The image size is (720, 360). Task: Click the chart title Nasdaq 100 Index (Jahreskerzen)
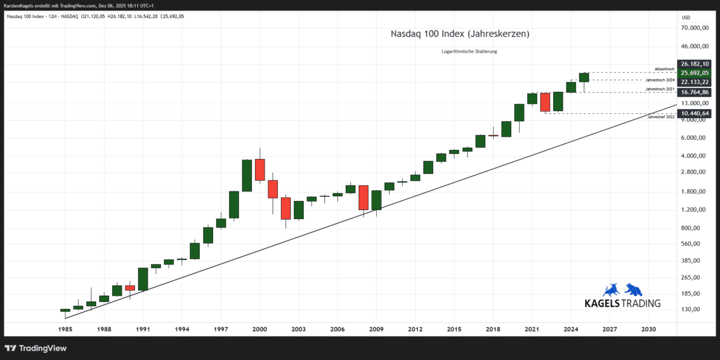pyautogui.click(x=460, y=34)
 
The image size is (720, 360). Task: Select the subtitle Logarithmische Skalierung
pyautogui.click(x=469, y=52)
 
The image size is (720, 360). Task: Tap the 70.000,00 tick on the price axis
pyautogui.click(x=696, y=28)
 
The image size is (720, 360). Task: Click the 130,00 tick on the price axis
pyautogui.click(x=691, y=310)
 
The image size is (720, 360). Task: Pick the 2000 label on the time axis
pyautogui.click(x=260, y=329)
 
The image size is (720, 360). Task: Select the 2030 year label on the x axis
pyautogui.click(x=649, y=329)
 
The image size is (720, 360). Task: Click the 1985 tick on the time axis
pyautogui.click(x=65, y=329)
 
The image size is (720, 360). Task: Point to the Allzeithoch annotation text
pyautogui.click(x=664, y=69)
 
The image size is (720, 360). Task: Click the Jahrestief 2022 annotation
pyautogui.click(x=661, y=117)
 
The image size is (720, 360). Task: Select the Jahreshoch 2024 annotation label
pyautogui.click(x=660, y=80)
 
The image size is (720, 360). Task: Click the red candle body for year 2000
pyautogui.click(x=260, y=169)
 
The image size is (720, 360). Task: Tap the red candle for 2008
pyautogui.click(x=364, y=197)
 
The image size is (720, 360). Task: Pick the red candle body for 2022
pyautogui.click(x=545, y=102)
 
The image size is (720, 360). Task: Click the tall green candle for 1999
pyautogui.click(x=247, y=175)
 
